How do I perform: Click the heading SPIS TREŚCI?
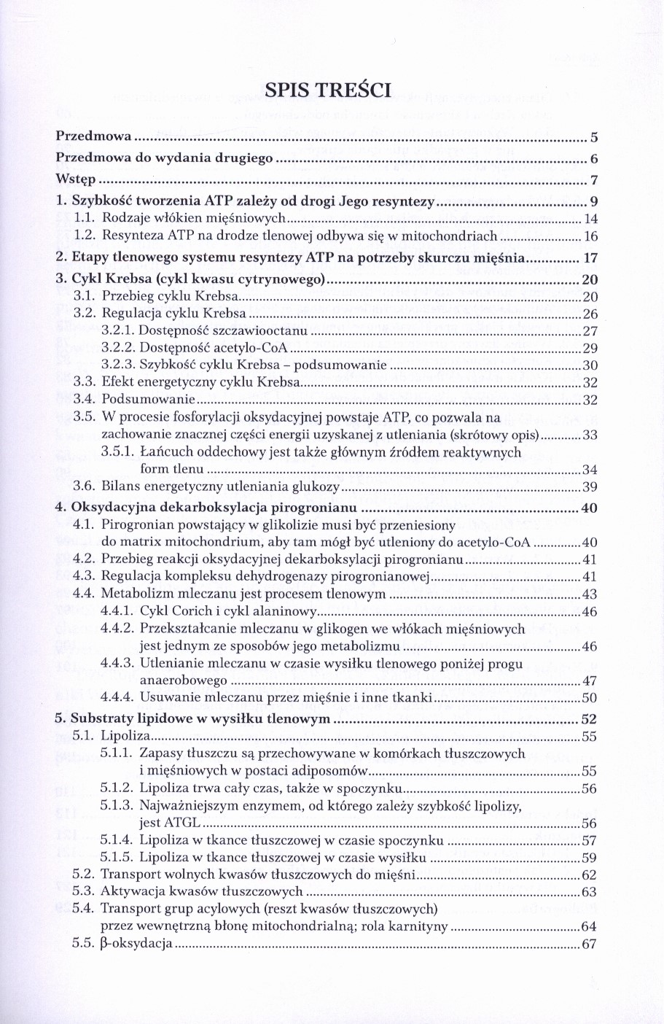click(328, 90)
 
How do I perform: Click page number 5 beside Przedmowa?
click(594, 137)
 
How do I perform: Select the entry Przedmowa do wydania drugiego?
click(165, 158)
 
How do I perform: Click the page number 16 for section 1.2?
click(590, 236)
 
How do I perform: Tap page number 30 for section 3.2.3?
click(590, 365)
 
